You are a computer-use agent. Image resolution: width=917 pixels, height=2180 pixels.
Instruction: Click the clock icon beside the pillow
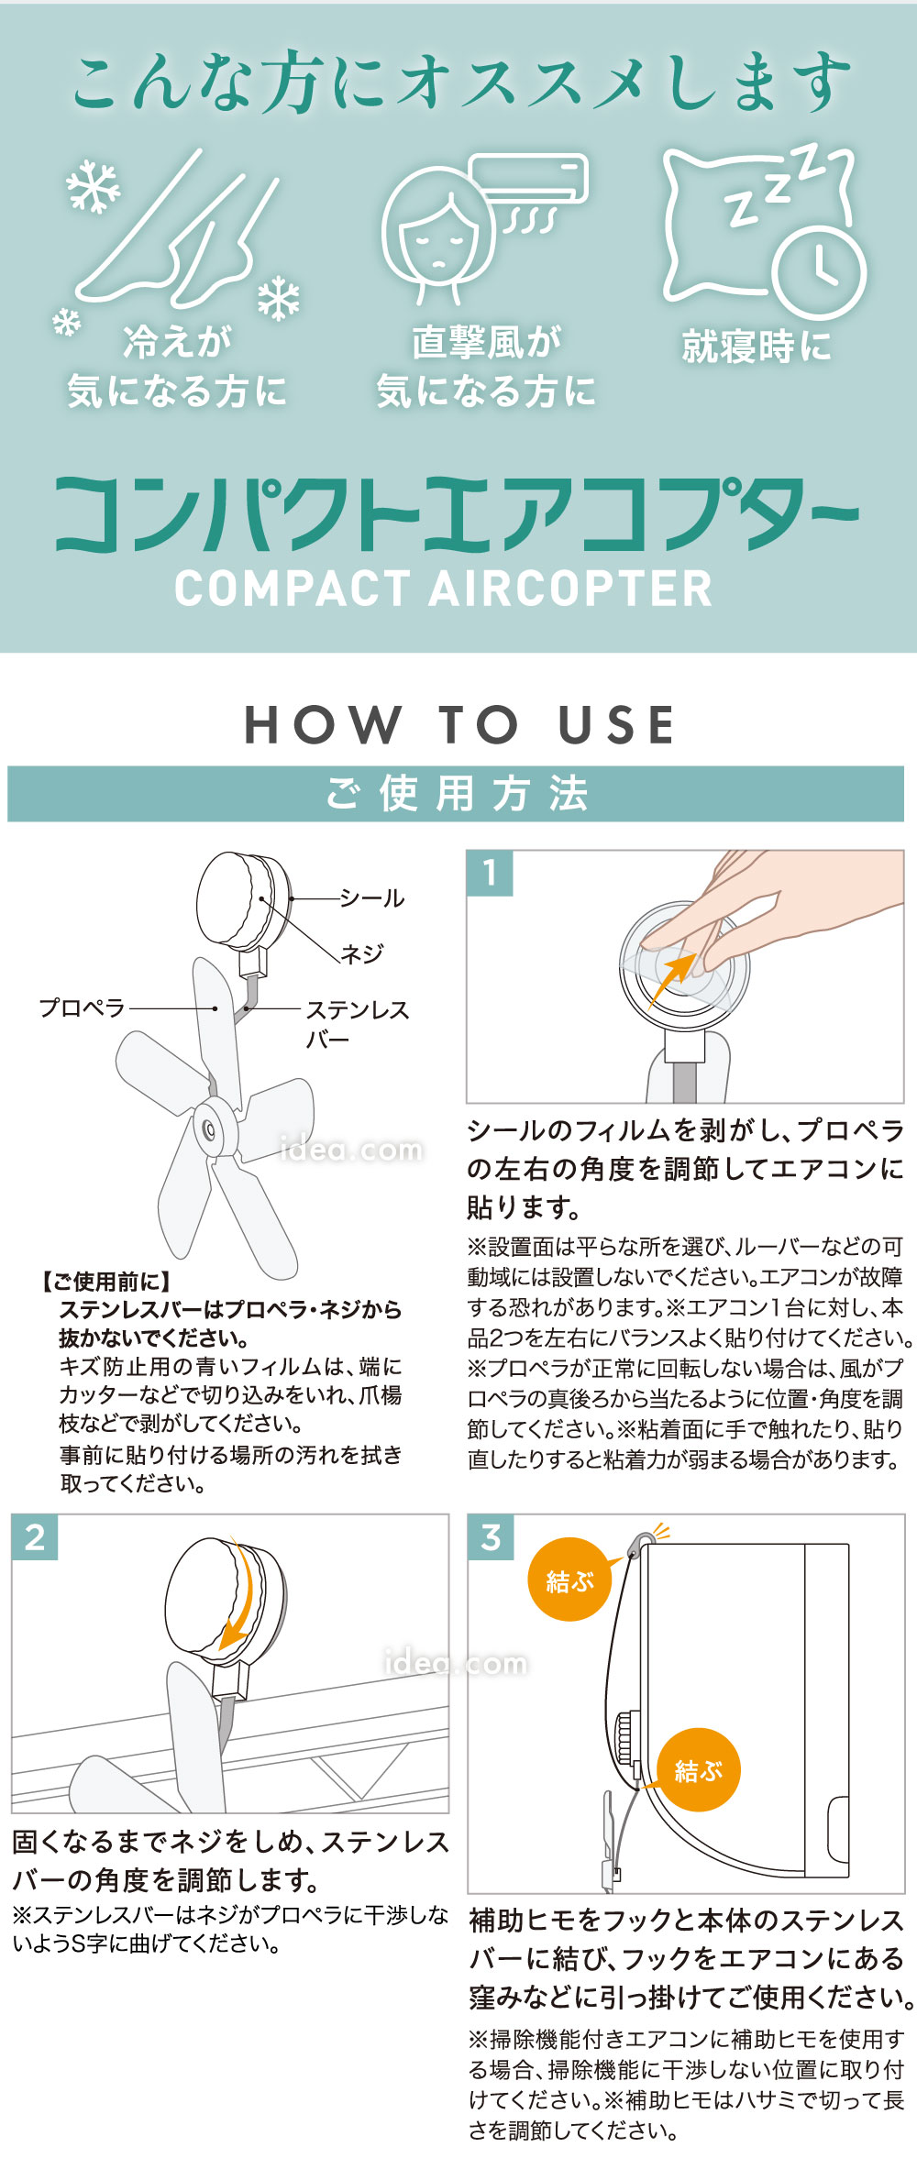click(819, 272)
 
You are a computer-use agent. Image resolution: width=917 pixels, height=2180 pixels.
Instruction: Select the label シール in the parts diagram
click(371, 898)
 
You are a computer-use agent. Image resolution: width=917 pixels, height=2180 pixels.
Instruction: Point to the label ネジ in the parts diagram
click(362, 954)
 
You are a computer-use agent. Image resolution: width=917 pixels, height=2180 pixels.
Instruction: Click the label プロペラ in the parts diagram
click(82, 1007)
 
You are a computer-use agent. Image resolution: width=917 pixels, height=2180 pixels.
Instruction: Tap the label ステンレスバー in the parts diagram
click(356, 1023)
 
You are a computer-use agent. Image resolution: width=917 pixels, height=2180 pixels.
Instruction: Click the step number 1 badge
click(490, 872)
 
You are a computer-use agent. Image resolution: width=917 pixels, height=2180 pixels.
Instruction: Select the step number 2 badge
click(35, 1537)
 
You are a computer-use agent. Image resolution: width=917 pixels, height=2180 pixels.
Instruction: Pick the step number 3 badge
click(491, 1537)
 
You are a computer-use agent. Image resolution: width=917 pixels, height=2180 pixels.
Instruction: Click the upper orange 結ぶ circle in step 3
click(569, 1580)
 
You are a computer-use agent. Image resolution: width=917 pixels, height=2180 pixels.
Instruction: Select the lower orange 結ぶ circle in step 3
click(698, 1769)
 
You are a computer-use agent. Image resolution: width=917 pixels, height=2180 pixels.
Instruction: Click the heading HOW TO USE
click(459, 725)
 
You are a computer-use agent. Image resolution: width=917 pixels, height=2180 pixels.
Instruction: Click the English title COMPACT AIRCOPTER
click(444, 589)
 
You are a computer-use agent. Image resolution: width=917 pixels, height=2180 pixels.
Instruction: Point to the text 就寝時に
click(756, 347)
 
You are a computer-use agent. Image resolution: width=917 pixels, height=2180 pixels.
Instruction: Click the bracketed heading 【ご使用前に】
click(106, 1282)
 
